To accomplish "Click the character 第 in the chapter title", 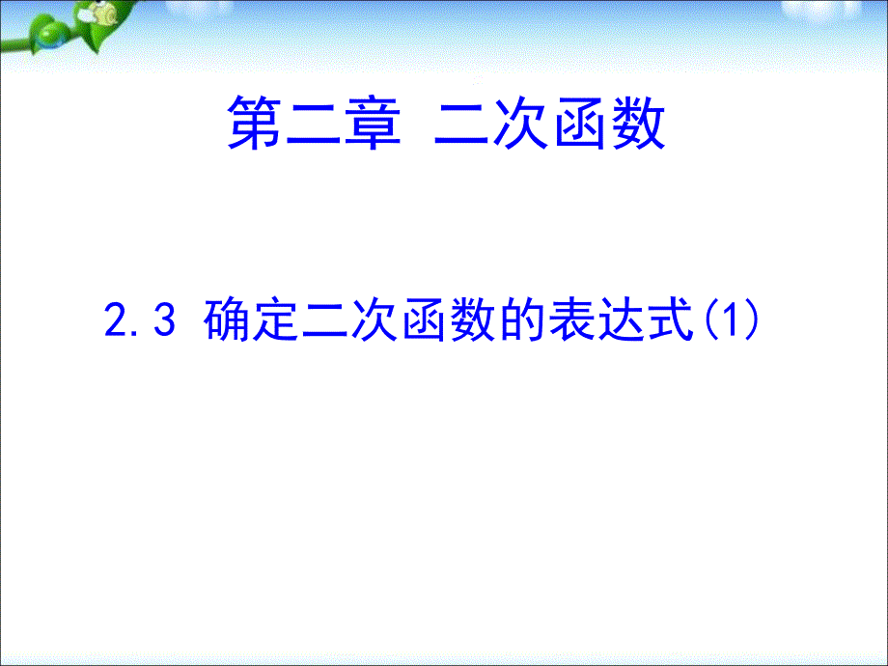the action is pos(255,123).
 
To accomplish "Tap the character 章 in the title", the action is pos(372,123).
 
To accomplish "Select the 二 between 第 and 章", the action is pos(314,123).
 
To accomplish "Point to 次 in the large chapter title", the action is pos(520,123).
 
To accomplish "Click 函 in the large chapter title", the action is pos(579,123).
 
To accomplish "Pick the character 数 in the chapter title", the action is pos(638,123).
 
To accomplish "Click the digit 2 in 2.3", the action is pos(117,319).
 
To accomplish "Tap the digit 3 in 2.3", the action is pos(164,319).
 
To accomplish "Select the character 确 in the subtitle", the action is pos(227,319).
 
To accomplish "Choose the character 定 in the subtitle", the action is pos(276,319).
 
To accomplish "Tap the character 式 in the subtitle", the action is pos(671,319).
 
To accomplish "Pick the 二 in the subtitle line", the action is pos(325,320).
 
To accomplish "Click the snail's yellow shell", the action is pos(105,14).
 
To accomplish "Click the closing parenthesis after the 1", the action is pos(752,320).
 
